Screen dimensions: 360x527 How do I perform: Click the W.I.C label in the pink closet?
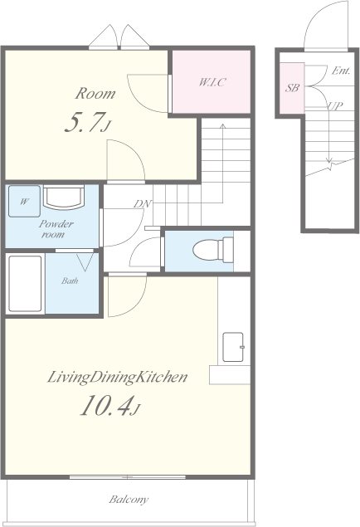point(212,82)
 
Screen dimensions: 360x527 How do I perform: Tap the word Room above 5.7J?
point(95,94)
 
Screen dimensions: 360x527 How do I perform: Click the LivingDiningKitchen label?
point(117,377)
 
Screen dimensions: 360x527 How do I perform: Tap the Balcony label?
point(129,500)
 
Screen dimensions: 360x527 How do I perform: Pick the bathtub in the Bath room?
point(25,284)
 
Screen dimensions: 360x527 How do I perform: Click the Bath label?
point(70,281)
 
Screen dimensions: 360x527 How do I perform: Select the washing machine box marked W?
point(25,201)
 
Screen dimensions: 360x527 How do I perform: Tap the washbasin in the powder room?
point(64,198)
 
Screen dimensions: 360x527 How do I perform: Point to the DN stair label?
point(143,203)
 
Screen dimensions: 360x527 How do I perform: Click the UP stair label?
point(335,105)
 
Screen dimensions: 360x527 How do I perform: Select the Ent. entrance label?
point(341,71)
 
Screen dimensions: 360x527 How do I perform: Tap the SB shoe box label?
point(292,88)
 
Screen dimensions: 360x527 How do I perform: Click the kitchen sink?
point(233,347)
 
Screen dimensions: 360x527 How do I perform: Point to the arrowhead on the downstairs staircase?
point(329,160)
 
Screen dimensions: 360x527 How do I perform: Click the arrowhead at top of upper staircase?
point(222,126)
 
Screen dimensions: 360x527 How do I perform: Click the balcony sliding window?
point(127,477)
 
